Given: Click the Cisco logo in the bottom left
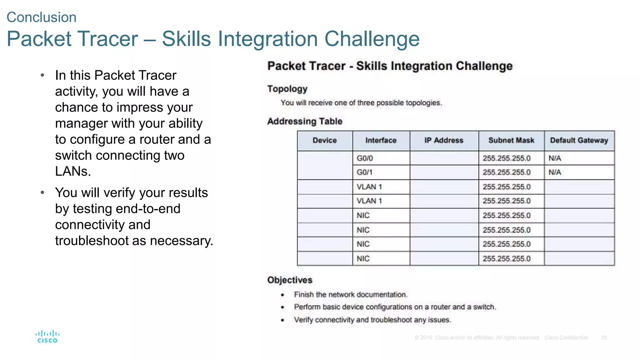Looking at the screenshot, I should pyautogui.click(x=47, y=337).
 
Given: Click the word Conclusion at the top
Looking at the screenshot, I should pyautogui.click(x=42, y=17).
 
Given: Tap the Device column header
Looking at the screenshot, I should pyautogui.click(x=325, y=141).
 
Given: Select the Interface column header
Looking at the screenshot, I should pyautogui.click(x=381, y=141).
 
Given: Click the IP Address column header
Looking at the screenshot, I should pyautogui.click(x=444, y=141).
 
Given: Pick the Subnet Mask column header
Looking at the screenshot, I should pyautogui.click(x=511, y=141).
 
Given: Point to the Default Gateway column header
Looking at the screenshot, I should pyautogui.click(x=579, y=141).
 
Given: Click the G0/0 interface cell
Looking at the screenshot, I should pyautogui.click(x=365, y=158).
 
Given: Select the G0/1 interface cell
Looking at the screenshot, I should pyautogui.click(x=365, y=172).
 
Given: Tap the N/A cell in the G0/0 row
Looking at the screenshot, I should pyautogui.click(x=555, y=158).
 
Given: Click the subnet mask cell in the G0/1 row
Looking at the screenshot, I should pyautogui.click(x=507, y=172).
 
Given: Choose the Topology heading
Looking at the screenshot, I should pyautogui.click(x=287, y=89).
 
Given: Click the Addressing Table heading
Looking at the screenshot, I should pyautogui.click(x=305, y=121).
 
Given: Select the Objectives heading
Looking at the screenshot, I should pyautogui.click(x=290, y=280).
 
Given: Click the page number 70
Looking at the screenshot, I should pyautogui.click(x=604, y=338).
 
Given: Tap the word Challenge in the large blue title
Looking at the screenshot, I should pyautogui.click(x=372, y=39).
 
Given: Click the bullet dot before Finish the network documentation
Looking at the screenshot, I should pyautogui.click(x=282, y=295).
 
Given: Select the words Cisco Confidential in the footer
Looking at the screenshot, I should pyautogui.click(x=566, y=338).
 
